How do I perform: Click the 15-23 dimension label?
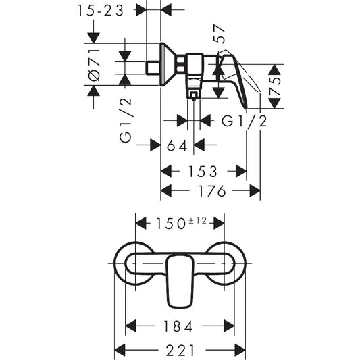(101, 11)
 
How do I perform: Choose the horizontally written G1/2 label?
(245, 121)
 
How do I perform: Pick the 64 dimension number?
(178, 145)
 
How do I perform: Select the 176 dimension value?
(211, 191)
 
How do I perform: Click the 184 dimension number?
(178, 327)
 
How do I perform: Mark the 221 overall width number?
(180, 349)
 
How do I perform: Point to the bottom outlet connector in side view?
(194, 93)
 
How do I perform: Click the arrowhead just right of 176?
(255, 191)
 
